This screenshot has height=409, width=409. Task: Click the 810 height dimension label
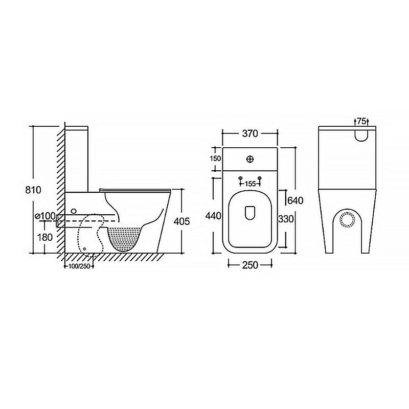pos(33,190)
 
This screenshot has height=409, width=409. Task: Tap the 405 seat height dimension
pos(181,221)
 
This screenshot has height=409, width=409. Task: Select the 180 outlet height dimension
pos(45,237)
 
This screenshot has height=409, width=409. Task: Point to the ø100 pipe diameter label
pos(45,216)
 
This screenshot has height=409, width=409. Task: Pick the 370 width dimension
pos(250,133)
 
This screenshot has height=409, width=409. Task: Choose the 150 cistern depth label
pos(215,158)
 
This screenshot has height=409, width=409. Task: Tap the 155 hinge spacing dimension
pos(250,184)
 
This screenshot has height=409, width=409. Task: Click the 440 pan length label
pos(213,216)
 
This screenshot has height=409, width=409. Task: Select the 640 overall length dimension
pos(295,200)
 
